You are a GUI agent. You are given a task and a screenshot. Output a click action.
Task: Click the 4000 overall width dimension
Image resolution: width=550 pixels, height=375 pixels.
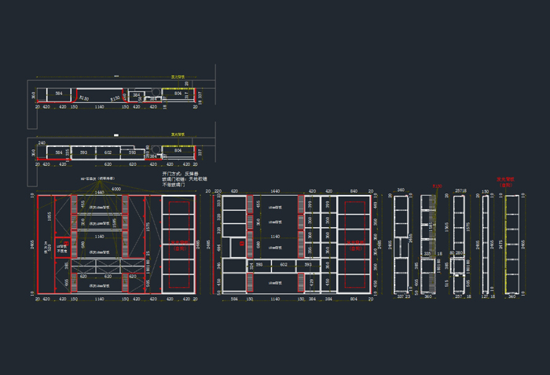pos(115,189)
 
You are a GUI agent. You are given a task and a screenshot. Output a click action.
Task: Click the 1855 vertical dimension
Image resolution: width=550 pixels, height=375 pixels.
pos(49,215)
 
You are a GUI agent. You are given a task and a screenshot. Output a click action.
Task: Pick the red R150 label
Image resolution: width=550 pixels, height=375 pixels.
pos(438,186)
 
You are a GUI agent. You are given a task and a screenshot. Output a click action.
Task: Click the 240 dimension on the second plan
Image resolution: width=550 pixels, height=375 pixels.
pos(41,144)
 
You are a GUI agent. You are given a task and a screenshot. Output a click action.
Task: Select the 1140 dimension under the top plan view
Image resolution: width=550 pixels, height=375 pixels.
pos(99,107)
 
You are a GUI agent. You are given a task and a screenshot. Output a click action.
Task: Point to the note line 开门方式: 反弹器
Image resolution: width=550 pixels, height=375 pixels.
pos(180,173)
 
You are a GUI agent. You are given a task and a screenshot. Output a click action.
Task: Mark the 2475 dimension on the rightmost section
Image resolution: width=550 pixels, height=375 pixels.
pos(500,244)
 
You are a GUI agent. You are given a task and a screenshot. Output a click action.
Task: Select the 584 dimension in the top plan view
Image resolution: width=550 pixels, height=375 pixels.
pos(58,94)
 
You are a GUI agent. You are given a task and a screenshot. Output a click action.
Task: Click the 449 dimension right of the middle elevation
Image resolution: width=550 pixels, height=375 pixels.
pos(376,205)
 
